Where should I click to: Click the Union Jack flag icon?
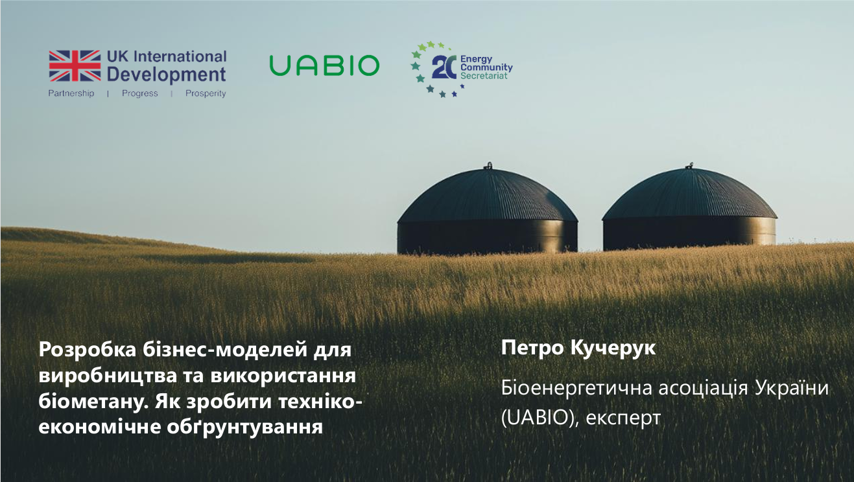pyautogui.click(x=75, y=65)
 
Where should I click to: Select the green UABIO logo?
pyautogui.click(x=324, y=65)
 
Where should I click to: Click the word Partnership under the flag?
pyautogui.click(x=71, y=93)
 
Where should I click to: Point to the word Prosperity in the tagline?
pyautogui.click(x=206, y=93)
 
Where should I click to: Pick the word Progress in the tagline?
pyautogui.click(x=139, y=93)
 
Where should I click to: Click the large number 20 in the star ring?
pyautogui.click(x=445, y=67)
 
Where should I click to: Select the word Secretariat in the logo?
pyautogui.click(x=484, y=76)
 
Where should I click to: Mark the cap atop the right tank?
pyautogui.click(x=690, y=165)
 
